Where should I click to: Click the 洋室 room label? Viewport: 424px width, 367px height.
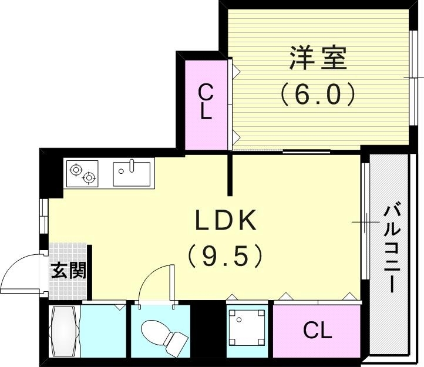click(318, 58)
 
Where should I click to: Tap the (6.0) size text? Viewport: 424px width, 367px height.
click(318, 94)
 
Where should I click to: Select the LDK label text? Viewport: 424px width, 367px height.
click(226, 221)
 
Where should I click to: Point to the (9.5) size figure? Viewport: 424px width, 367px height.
click(225, 255)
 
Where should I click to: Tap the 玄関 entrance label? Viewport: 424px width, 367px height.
click(68, 271)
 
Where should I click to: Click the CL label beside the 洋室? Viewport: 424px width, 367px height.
click(204, 101)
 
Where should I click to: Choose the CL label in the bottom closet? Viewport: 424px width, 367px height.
click(317, 331)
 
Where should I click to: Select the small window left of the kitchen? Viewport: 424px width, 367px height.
click(43, 216)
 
